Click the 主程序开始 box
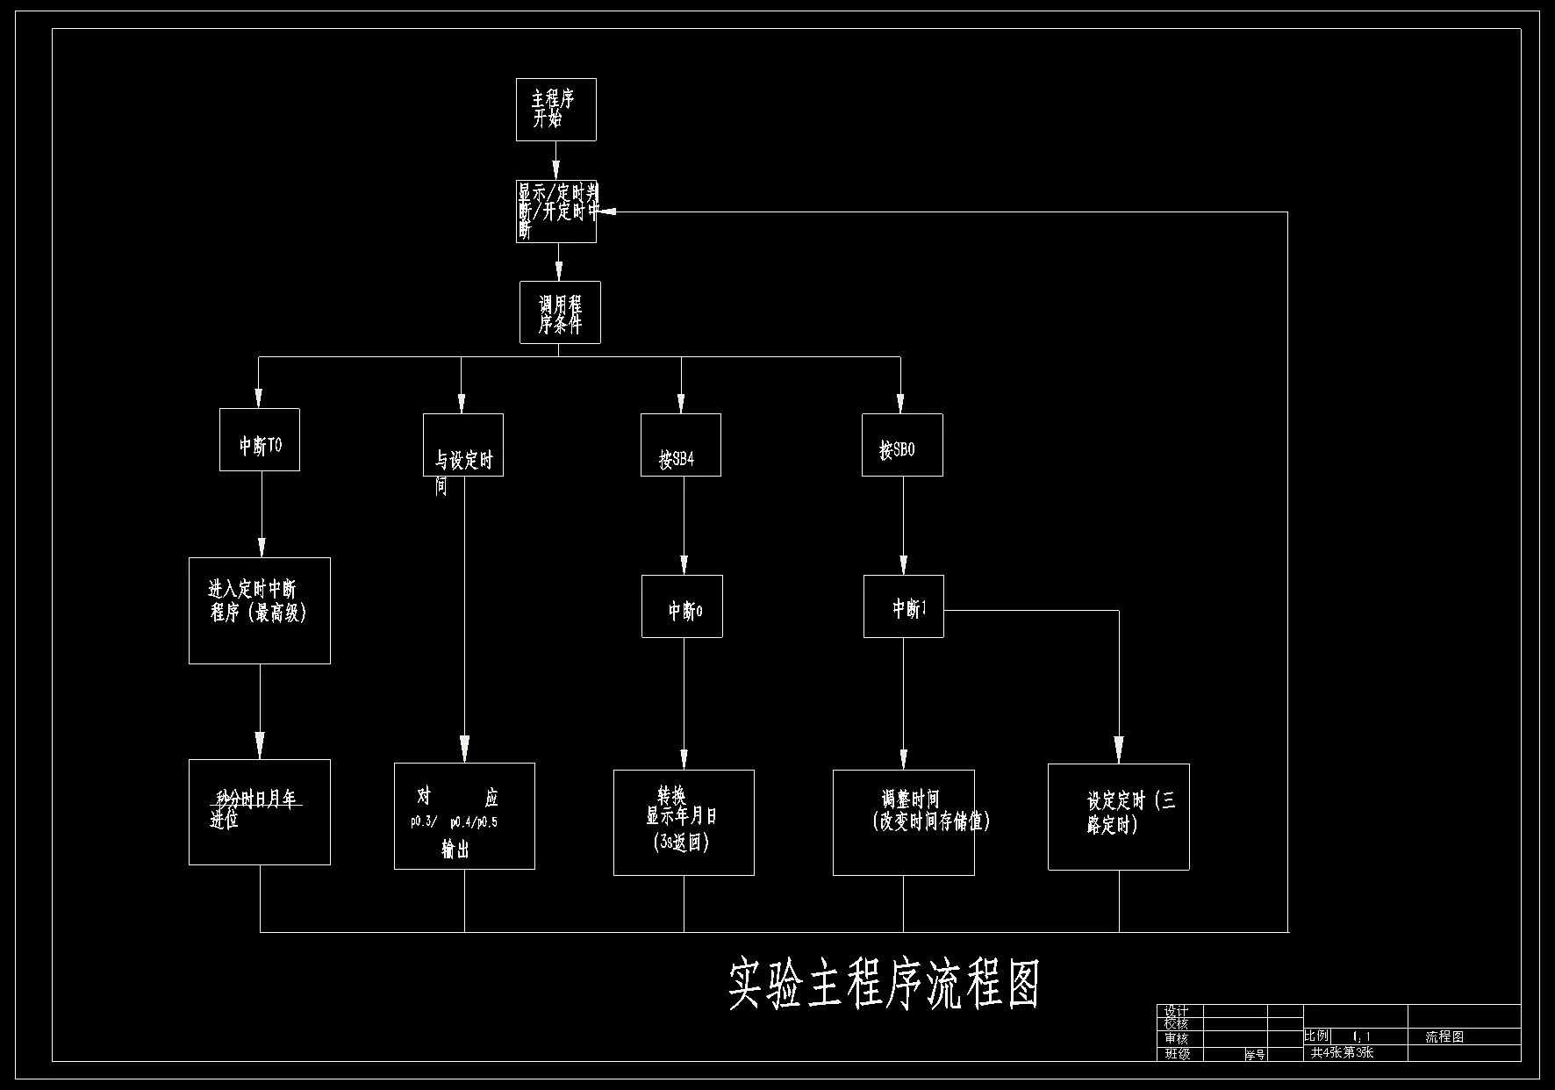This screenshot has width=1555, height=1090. [x=555, y=110]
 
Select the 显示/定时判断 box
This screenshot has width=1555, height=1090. [x=555, y=212]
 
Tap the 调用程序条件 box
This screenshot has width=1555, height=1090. [x=560, y=312]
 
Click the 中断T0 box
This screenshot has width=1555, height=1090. [x=260, y=440]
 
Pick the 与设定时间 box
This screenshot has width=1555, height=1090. [x=463, y=446]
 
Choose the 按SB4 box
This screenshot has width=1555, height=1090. [x=681, y=446]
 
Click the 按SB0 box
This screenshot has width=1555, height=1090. [x=902, y=446]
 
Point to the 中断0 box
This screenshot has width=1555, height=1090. [x=682, y=606]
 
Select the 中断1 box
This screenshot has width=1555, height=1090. [x=904, y=606]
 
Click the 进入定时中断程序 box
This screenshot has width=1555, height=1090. [x=260, y=611]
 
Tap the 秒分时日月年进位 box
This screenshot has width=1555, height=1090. [x=260, y=813]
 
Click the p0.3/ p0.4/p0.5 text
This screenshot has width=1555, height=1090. [x=454, y=823]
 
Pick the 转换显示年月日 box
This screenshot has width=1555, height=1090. [x=684, y=823]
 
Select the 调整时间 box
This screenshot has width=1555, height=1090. [x=904, y=823]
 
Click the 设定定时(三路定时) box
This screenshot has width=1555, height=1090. [x=1119, y=817]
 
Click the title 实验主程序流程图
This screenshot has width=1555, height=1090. [x=884, y=986]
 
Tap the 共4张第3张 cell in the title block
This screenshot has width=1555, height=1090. [x=1342, y=1053]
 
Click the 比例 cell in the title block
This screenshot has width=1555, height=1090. [x=1316, y=1036]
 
